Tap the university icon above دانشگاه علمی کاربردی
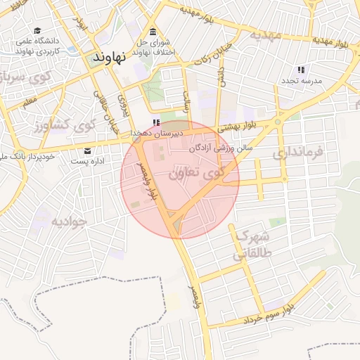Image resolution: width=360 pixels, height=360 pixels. [38, 32]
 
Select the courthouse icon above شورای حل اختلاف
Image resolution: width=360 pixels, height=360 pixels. [153, 32]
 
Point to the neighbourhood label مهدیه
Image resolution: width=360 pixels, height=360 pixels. [264, 35]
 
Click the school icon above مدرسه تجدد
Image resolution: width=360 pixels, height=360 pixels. [301, 70]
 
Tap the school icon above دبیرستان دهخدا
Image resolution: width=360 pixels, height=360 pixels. [156, 122]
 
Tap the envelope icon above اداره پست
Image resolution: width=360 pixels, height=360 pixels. [87, 150]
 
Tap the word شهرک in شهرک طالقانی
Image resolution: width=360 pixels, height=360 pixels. [252, 236]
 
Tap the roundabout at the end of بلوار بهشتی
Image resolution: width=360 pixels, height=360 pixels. [278, 121]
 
